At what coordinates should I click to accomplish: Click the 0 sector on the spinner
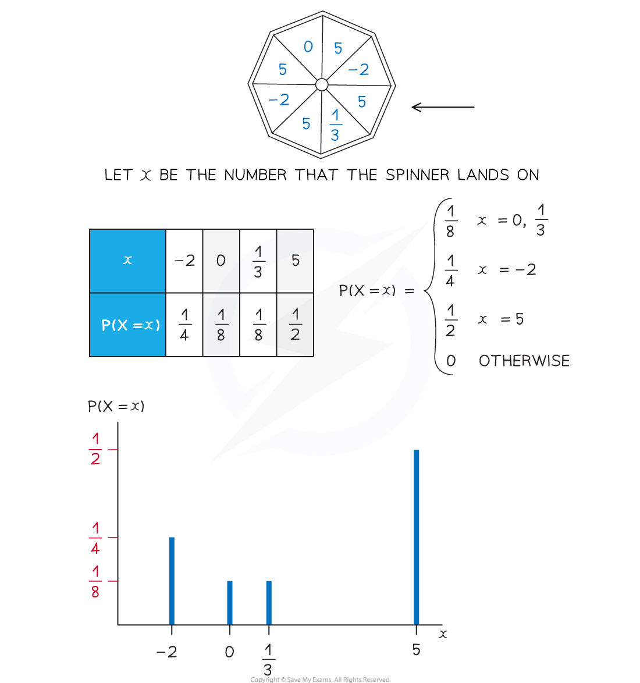point(305,50)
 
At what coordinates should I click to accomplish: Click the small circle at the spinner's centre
point(322,84)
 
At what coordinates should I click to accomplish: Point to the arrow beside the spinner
point(443,106)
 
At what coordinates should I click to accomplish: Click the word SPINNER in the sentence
point(417,175)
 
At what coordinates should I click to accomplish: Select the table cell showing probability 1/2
point(295,325)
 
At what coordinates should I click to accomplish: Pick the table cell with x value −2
point(184,261)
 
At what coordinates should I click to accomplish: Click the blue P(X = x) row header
point(127,325)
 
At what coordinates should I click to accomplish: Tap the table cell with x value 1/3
point(258,261)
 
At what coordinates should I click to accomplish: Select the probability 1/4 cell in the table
point(184,325)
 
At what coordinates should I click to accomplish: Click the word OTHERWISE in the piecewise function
point(524,361)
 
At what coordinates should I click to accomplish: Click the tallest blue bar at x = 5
point(417,537)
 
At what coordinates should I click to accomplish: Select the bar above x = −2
point(172,581)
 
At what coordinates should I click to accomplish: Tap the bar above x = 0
point(230,603)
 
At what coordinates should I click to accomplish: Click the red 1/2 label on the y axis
point(95,449)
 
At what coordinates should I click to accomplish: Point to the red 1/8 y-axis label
point(95,581)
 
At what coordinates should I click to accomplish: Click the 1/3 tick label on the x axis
point(268,660)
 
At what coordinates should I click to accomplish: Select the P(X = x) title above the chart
point(116,407)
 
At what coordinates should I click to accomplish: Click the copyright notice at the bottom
point(320,679)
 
